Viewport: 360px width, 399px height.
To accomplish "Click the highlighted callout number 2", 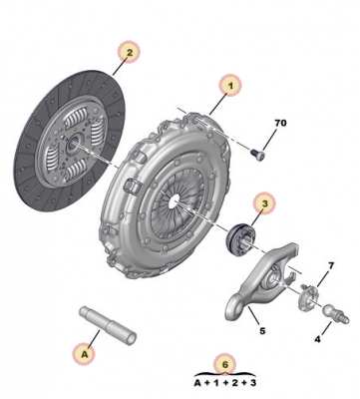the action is click(x=130, y=52).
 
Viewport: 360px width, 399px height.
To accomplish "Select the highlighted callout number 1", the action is click(x=230, y=86).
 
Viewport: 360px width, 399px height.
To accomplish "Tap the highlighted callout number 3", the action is click(x=265, y=203).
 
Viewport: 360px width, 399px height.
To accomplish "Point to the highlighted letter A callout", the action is click(x=85, y=354).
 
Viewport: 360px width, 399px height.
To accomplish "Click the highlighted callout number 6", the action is click(x=225, y=364).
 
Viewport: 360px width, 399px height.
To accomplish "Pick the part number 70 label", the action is click(x=280, y=123).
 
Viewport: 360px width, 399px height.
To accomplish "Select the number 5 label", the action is click(x=262, y=331).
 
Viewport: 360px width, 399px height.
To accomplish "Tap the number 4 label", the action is click(x=317, y=339).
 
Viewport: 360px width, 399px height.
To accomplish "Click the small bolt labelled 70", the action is click(x=257, y=155).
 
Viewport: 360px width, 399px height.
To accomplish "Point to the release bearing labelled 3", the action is click(x=240, y=238).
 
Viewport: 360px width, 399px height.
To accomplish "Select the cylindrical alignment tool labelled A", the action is click(x=108, y=326).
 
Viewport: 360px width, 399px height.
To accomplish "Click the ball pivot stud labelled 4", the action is click(x=336, y=313).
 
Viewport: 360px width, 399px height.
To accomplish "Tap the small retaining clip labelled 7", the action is click(x=308, y=297).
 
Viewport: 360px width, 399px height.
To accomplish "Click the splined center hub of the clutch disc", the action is click(x=72, y=144).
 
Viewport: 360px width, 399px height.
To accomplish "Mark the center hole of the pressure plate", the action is click(x=174, y=203).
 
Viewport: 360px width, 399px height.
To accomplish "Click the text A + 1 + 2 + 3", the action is click(x=225, y=383).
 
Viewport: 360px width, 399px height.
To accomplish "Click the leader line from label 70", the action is click(x=269, y=140).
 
